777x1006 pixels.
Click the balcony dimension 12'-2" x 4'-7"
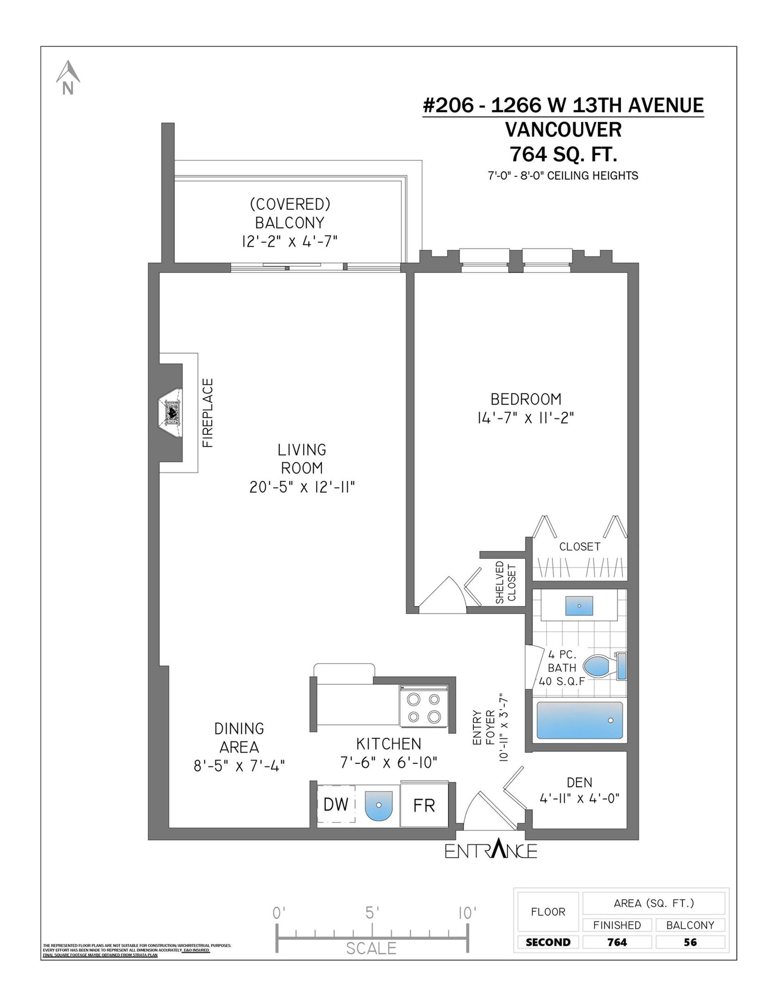point(290,241)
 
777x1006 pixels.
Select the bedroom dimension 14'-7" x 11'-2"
point(526,418)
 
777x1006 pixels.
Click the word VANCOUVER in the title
point(563,129)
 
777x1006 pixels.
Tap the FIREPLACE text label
point(208,413)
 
